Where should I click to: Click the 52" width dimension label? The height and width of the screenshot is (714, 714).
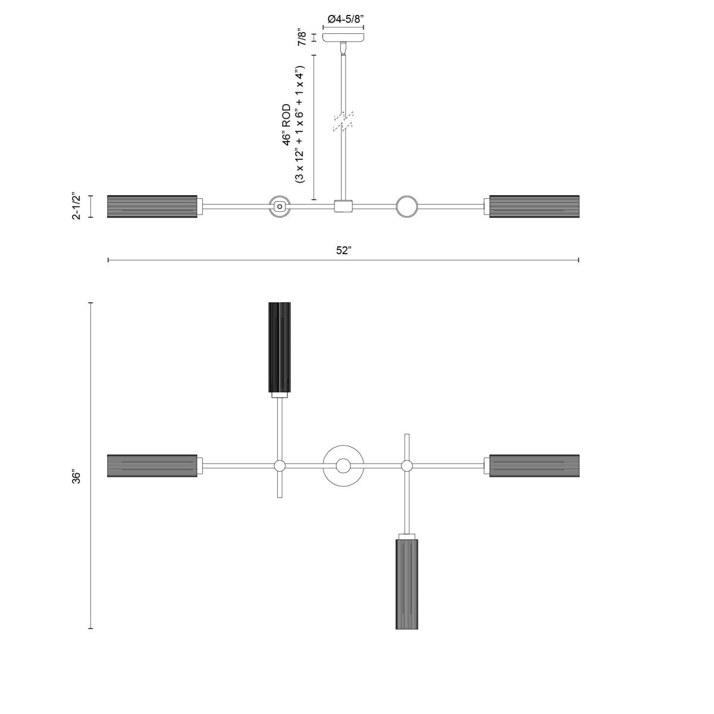[x=344, y=250]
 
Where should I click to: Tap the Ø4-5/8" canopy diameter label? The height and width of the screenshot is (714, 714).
[x=343, y=19]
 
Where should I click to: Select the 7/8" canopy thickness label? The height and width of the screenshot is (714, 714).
[x=303, y=37]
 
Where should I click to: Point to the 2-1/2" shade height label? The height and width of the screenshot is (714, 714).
[x=76, y=206]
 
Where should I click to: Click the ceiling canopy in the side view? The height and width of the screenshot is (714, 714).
[x=343, y=37]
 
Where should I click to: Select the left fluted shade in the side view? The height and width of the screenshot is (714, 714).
[x=152, y=206]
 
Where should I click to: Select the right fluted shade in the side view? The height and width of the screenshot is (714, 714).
[x=534, y=206]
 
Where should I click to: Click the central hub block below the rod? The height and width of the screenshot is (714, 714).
[x=343, y=206]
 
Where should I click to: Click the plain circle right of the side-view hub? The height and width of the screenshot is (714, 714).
[x=407, y=206]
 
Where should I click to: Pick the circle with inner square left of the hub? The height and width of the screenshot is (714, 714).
[x=279, y=206]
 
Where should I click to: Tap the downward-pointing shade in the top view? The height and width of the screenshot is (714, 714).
[x=408, y=582]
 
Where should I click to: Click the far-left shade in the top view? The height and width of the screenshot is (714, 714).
[x=152, y=465]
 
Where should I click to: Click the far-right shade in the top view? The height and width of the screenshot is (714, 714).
[x=534, y=465]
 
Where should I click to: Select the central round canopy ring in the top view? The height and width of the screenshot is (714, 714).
[x=343, y=465]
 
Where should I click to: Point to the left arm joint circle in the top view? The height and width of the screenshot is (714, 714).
[x=279, y=465]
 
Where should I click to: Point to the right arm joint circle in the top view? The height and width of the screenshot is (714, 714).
[x=407, y=465]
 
